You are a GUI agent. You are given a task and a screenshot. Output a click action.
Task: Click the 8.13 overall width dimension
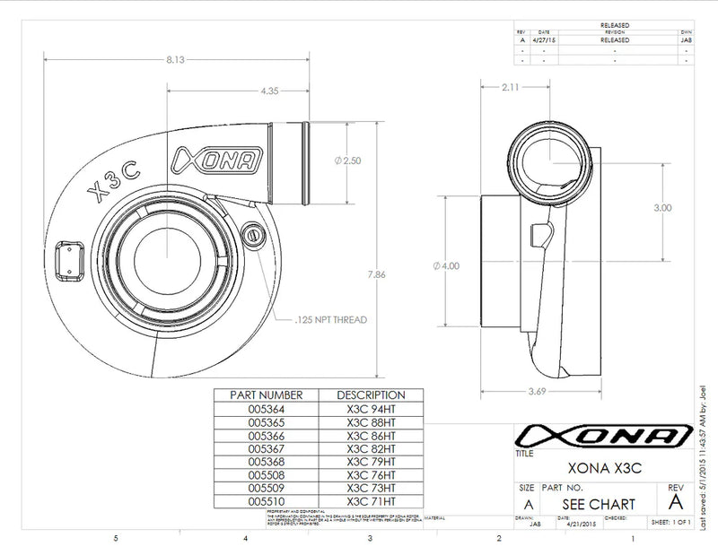click(175, 59)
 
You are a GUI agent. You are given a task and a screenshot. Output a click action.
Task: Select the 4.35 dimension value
click(267, 91)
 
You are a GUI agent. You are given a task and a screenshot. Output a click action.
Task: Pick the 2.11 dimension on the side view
click(511, 86)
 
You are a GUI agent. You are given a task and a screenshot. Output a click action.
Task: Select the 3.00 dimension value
click(662, 207)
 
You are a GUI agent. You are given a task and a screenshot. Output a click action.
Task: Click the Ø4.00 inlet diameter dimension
click(445, 265)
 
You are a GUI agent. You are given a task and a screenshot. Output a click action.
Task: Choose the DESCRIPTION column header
click(371, 395)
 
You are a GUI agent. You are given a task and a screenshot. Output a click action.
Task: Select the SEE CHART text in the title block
click(602, 504)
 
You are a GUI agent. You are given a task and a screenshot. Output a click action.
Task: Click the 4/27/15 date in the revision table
click(545, 39)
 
